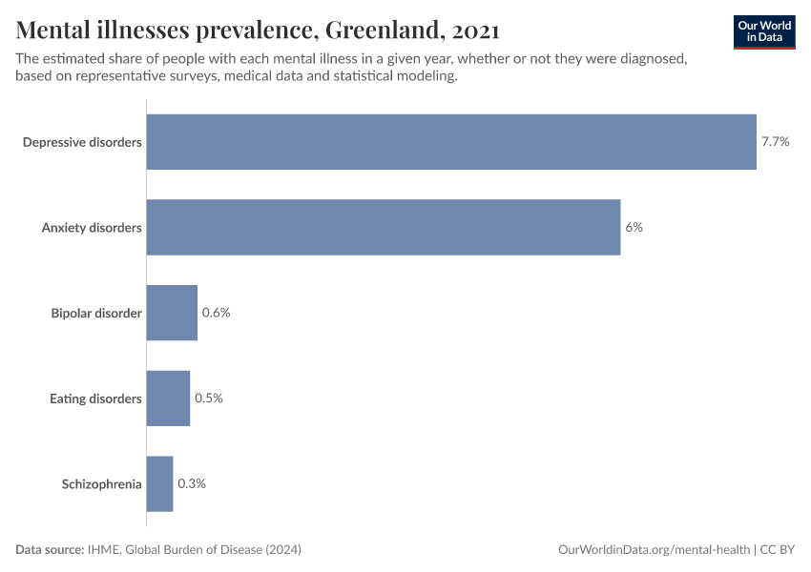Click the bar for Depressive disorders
click(x=451, y=142)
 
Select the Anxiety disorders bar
click(x=384, y=228)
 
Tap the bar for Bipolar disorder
click(x=172, y=313)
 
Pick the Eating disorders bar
click(x=168, y=398)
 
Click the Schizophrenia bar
click(x=159, y=483)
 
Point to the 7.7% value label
click(x=775, y=142)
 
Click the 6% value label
click(x=634, y=228)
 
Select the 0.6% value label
click(x=216, y=313)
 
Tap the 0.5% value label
click(x=208, y=398)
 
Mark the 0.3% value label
click(x=192, y=483)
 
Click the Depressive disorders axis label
click(x=82, y=142)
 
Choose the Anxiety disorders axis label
click(x=92, y=228)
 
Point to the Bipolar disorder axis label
click(x=96, y=313)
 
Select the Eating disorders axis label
click(x=95, y=398)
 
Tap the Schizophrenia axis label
click(x=102, y=483)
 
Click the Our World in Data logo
click(x=763, y=31)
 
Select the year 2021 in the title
click(x=474, y=31)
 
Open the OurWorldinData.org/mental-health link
click(x=654, y=550)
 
